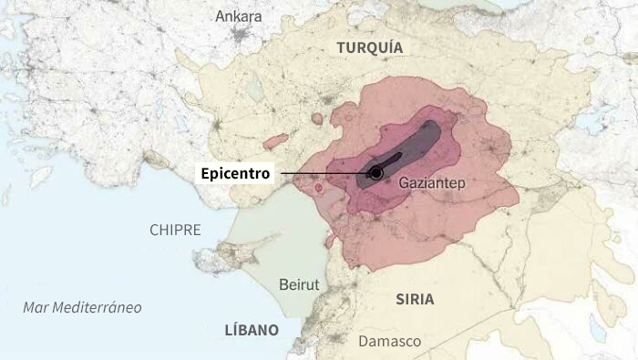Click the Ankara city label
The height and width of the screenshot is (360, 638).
pyautogui.click(x=238, y=16)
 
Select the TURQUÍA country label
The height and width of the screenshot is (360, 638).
pyautogui.click(x=369, y=47)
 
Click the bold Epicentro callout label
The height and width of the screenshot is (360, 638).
pyautogui.click(x=236, y=172)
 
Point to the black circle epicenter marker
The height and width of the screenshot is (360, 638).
pyautogui.click(x=376, y=173)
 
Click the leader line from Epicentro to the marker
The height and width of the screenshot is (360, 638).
pyautogui.click(x=324, y=172)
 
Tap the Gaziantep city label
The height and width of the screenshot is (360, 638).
pyautogui.click(x=432, y=184)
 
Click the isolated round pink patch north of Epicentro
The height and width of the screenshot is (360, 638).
pyautogui.click(x=317, y=118)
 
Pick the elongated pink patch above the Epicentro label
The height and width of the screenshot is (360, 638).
pyautogui.click(x=276, y=141)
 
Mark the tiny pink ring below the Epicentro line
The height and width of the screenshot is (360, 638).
pyautogui.click(x=318, y=188)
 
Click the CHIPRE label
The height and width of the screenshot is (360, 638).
pyautogui.click(x=175, y=230)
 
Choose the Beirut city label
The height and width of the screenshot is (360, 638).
pyautogui.click(x=299, y=284)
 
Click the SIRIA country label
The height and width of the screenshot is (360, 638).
pyautogui.click(x=415, y=299)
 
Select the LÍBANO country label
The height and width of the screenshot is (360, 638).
pyautogui.click(x=252, y=330)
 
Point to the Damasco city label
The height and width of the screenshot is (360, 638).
pyautogui.click(x=389, y=342)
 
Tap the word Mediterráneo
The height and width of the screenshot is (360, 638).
pyautogui.click(x=96, y=307)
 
